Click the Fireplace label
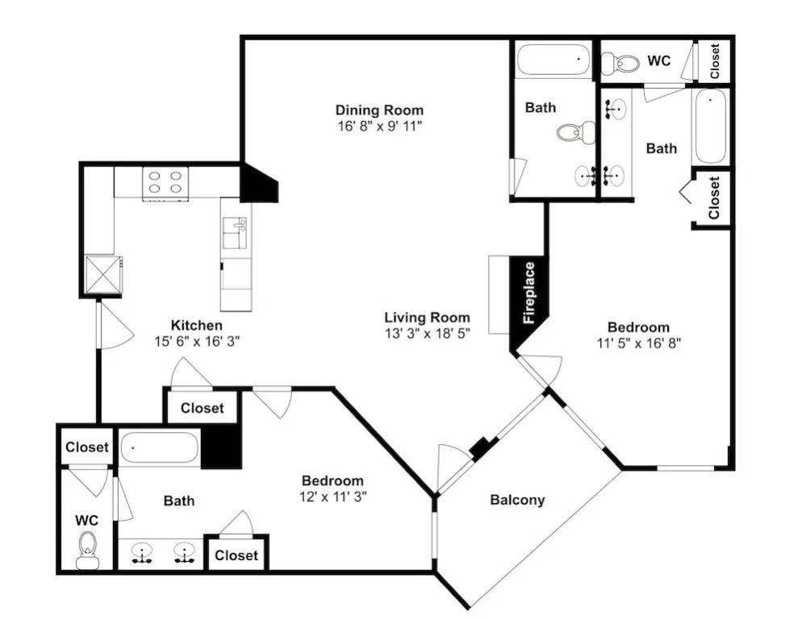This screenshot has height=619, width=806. tap(529, 293)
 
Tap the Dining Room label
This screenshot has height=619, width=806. tap(379, 110)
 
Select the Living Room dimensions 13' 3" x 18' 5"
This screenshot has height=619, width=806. tap(428, 334)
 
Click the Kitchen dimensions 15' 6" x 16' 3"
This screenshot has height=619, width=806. tap(198, 341)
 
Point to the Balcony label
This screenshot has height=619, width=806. tap(517, 500)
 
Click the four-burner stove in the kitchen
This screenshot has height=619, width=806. tap(165, 184)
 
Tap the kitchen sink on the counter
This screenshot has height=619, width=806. tap(235, 233)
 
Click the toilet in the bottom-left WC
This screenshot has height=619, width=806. tap(87, 550)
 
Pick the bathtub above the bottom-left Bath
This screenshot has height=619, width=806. tap(160, 448)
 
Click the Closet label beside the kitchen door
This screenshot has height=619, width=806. tap(202, 409)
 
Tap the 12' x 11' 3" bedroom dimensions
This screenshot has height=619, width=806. tap(332, 496)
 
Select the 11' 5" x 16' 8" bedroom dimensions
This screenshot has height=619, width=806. tap(638, 343)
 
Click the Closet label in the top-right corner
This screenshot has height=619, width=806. tap(715, 60)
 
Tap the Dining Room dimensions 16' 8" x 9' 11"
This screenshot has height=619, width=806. tap(379, 126)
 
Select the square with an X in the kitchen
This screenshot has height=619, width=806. tap(103, 274)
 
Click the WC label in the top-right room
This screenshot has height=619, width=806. tap(658, 60)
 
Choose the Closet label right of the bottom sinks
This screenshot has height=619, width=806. tap(236, 555)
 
